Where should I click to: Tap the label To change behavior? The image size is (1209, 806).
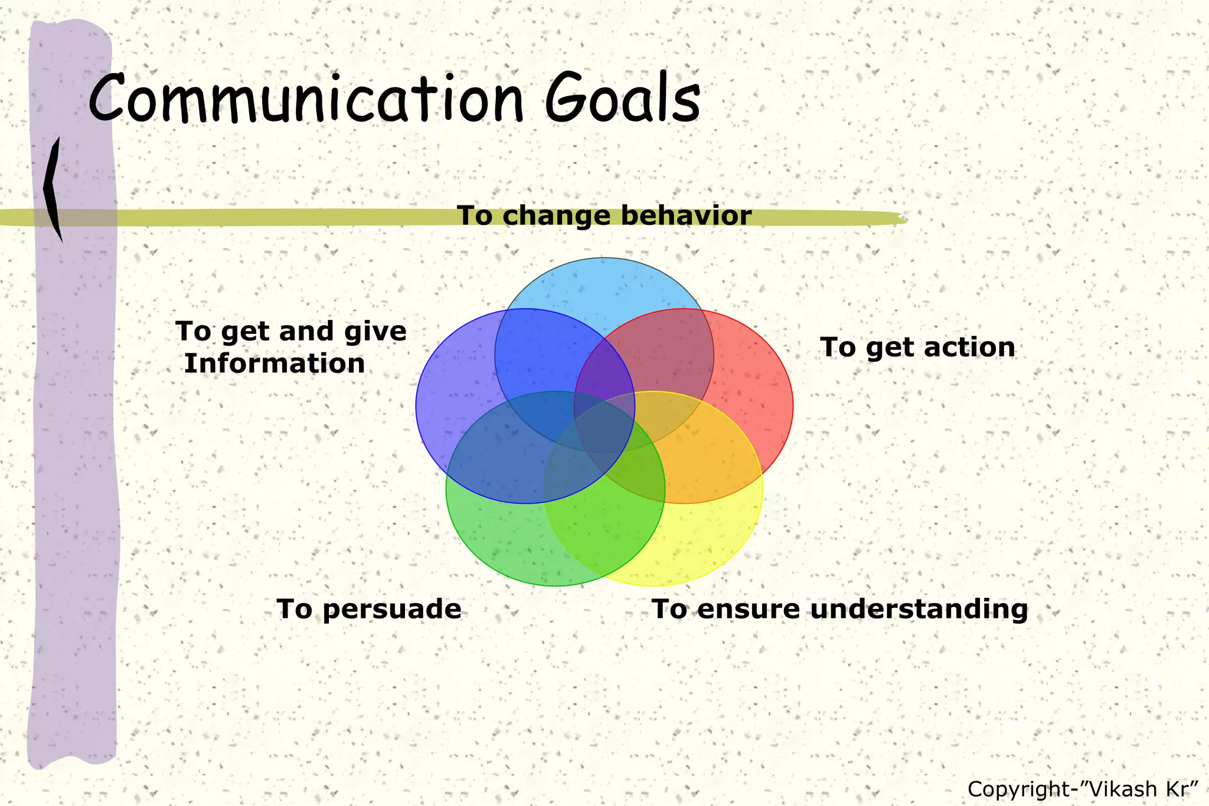604,215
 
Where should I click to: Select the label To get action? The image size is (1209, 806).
917,347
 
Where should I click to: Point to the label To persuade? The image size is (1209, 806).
369,609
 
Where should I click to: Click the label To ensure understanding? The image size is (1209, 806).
839,609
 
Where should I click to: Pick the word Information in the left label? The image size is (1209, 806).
275,363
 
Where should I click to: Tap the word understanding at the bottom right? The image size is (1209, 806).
919,609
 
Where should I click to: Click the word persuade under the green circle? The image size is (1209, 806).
392,609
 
